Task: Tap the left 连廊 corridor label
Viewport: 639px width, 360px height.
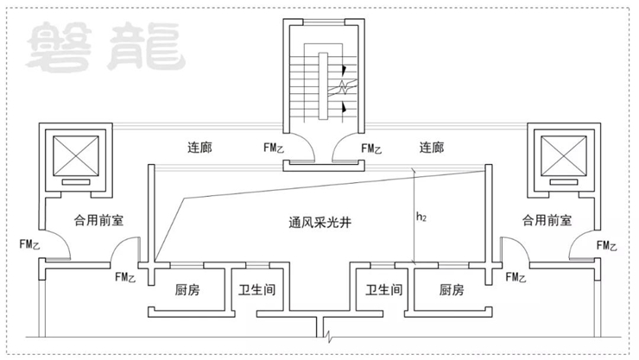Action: (x=200, y=148)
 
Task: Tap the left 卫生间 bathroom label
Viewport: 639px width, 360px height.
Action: (x=257, y=290)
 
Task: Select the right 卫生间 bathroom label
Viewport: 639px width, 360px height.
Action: (x=383, y=290)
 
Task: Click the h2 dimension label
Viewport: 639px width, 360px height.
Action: (x=421, y=218)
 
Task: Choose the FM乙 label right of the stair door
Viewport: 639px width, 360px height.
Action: (x=371, y=148)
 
